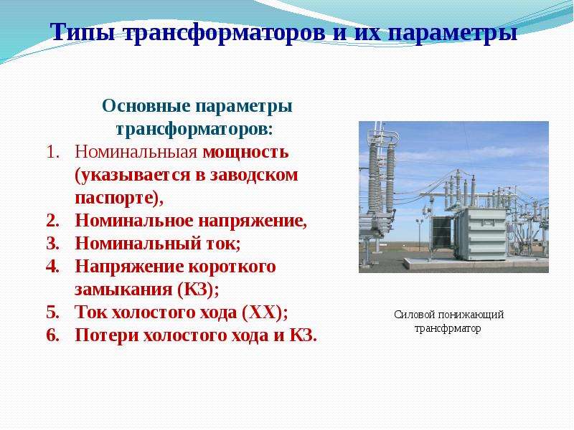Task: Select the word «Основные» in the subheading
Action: click(146, 106)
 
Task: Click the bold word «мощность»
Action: click(245, 152)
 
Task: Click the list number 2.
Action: click(52, 221)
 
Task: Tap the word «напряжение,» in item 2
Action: click(253, 221)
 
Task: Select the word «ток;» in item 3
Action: click(222, 244)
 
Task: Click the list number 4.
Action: click(52, 267)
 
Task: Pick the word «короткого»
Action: click(232, 267)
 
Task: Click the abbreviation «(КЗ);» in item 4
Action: click(198, 290)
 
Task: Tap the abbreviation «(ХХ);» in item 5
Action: click(265, 312)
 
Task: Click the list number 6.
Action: click(52, 335)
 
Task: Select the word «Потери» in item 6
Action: click(106, 335)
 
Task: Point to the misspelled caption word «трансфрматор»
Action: click(448, 328)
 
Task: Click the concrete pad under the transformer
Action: click(476, 262)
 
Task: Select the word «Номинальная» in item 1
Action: click(136, 152)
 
